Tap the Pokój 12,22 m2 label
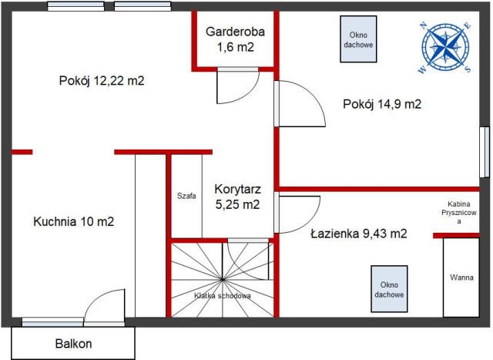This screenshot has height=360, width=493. [102, 81]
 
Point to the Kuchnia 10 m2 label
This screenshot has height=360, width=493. [74, 222]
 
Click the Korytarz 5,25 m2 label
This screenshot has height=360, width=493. [237, 197]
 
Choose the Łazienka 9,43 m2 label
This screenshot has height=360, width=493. [359, 233]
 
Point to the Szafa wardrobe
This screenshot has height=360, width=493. [186, 195]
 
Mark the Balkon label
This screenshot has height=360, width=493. [73, 344]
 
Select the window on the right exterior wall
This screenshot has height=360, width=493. [483, 151]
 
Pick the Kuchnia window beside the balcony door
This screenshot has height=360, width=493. [52, 321]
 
